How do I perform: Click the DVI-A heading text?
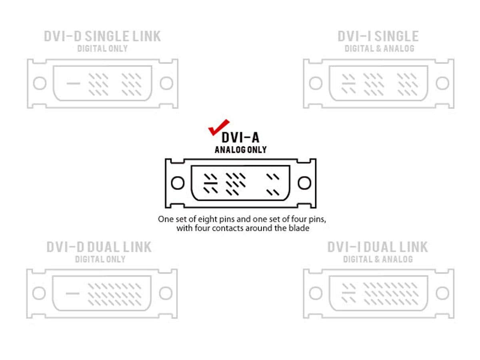tap(240, 138)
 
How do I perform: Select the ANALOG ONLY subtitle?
tap(240, 150)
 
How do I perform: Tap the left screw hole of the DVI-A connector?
tap(178, 183)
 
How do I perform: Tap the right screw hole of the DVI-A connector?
tap(304, 183)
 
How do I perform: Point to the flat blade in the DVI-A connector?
tap(210, 183)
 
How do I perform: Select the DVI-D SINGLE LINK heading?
tap(102, 36)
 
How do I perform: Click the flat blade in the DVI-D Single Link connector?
tap(73, 83)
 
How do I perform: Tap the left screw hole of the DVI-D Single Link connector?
tap(40, 83)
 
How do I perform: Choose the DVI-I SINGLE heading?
tap(378, 36)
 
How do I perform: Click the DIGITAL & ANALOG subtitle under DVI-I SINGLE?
tap(380, 48)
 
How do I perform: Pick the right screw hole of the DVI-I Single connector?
tap(442, 83)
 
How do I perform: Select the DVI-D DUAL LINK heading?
tap(99, 247)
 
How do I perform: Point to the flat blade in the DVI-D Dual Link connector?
tap(73, 293)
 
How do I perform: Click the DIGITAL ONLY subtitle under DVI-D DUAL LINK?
tap(100, 259)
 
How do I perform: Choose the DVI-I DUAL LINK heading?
tap(378, 247)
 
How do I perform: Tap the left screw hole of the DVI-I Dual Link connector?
tap(316, 293)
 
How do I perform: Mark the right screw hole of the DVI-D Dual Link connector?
tap(166, 293)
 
